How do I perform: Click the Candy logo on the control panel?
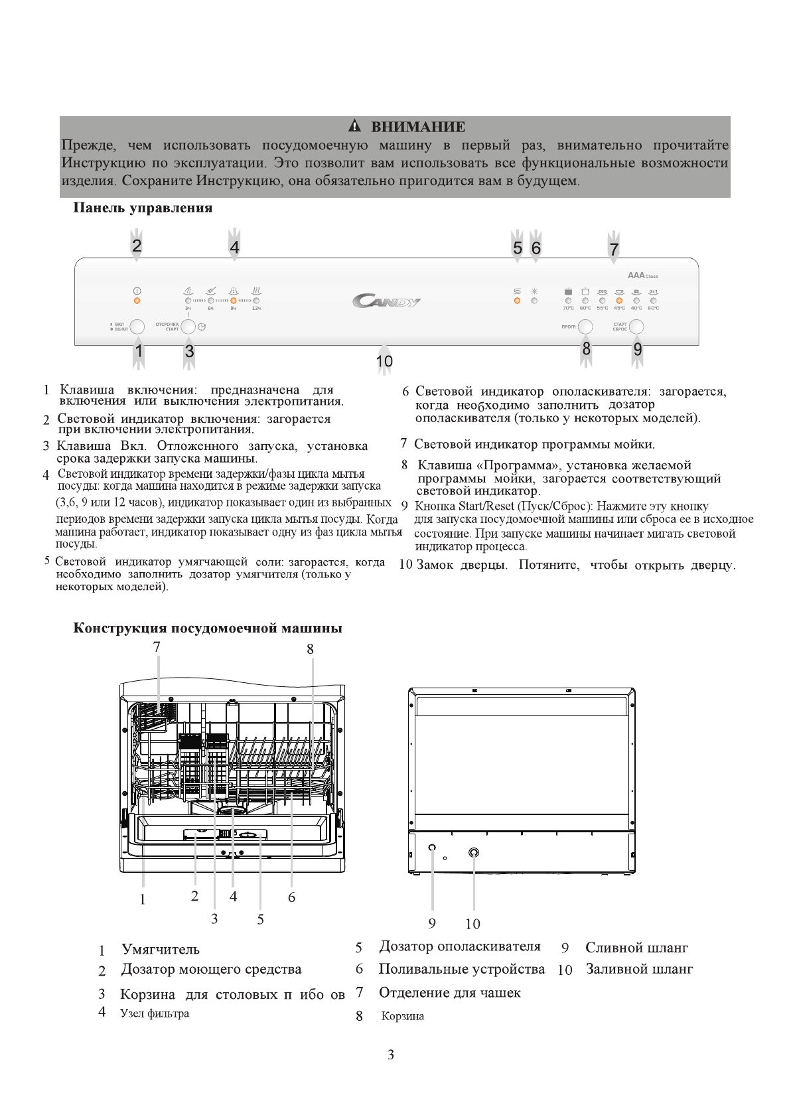click(386, 302)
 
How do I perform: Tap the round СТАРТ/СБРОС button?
click(636, 327)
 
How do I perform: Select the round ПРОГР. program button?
click(585, 327)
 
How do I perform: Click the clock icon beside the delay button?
click(202, 327)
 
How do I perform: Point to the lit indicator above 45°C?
click(619, 301)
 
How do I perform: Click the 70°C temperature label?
click(568, 309)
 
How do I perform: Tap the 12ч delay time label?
click(256, 309)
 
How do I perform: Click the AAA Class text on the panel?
click(642, 275)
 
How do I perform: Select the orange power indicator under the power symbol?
click(137, 301)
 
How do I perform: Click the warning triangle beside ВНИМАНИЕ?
click(355, 126)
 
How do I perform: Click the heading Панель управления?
click(143, 208)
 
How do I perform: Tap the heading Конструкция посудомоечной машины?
click(207, 628)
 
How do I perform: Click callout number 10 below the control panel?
click(384, 362)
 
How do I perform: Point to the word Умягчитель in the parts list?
click(161, 950)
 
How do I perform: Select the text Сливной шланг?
click(636, 948)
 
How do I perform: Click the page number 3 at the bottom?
click(391, 1055)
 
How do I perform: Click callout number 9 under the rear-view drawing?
click(432, 923)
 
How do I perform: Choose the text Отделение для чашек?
click(449, 993)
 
